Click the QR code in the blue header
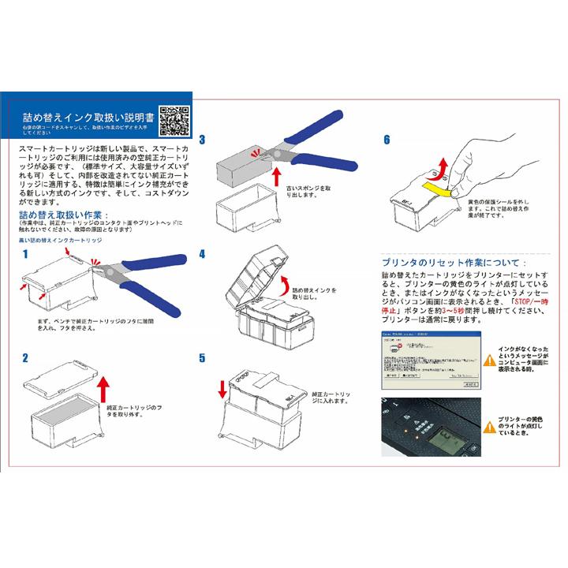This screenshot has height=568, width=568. click(174, 120)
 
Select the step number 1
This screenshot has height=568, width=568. click(25, 254)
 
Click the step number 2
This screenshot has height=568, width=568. click(25, 357)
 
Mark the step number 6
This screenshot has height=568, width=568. click(387, 140)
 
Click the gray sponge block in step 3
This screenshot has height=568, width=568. click(245, 164)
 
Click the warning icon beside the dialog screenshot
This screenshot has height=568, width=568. click(490, 349)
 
